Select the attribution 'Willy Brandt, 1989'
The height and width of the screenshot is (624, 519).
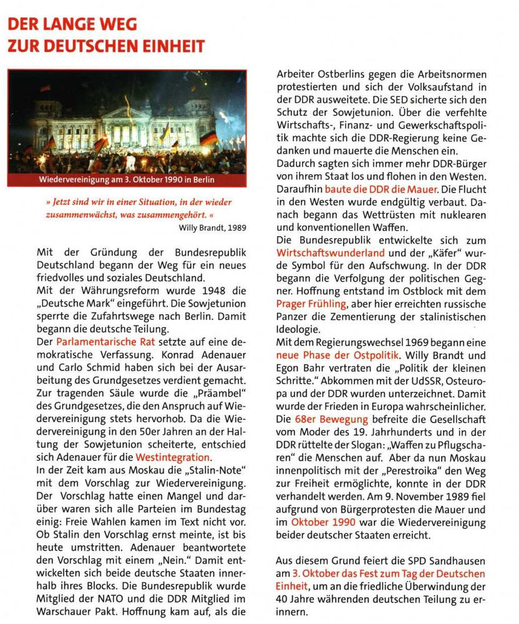pyautogui.click(x=211, y=227)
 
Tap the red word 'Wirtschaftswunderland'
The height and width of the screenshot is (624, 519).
pyautogui.click(x=330, y=254)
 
